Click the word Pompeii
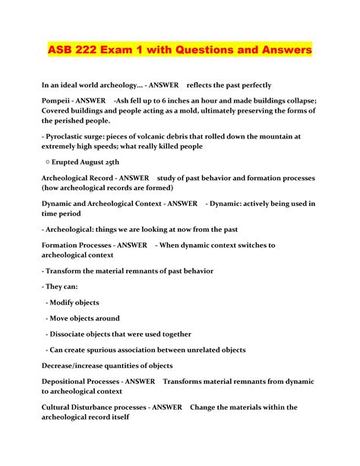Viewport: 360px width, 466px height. point(61,101)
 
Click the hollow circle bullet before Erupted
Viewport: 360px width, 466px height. point(48,163)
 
